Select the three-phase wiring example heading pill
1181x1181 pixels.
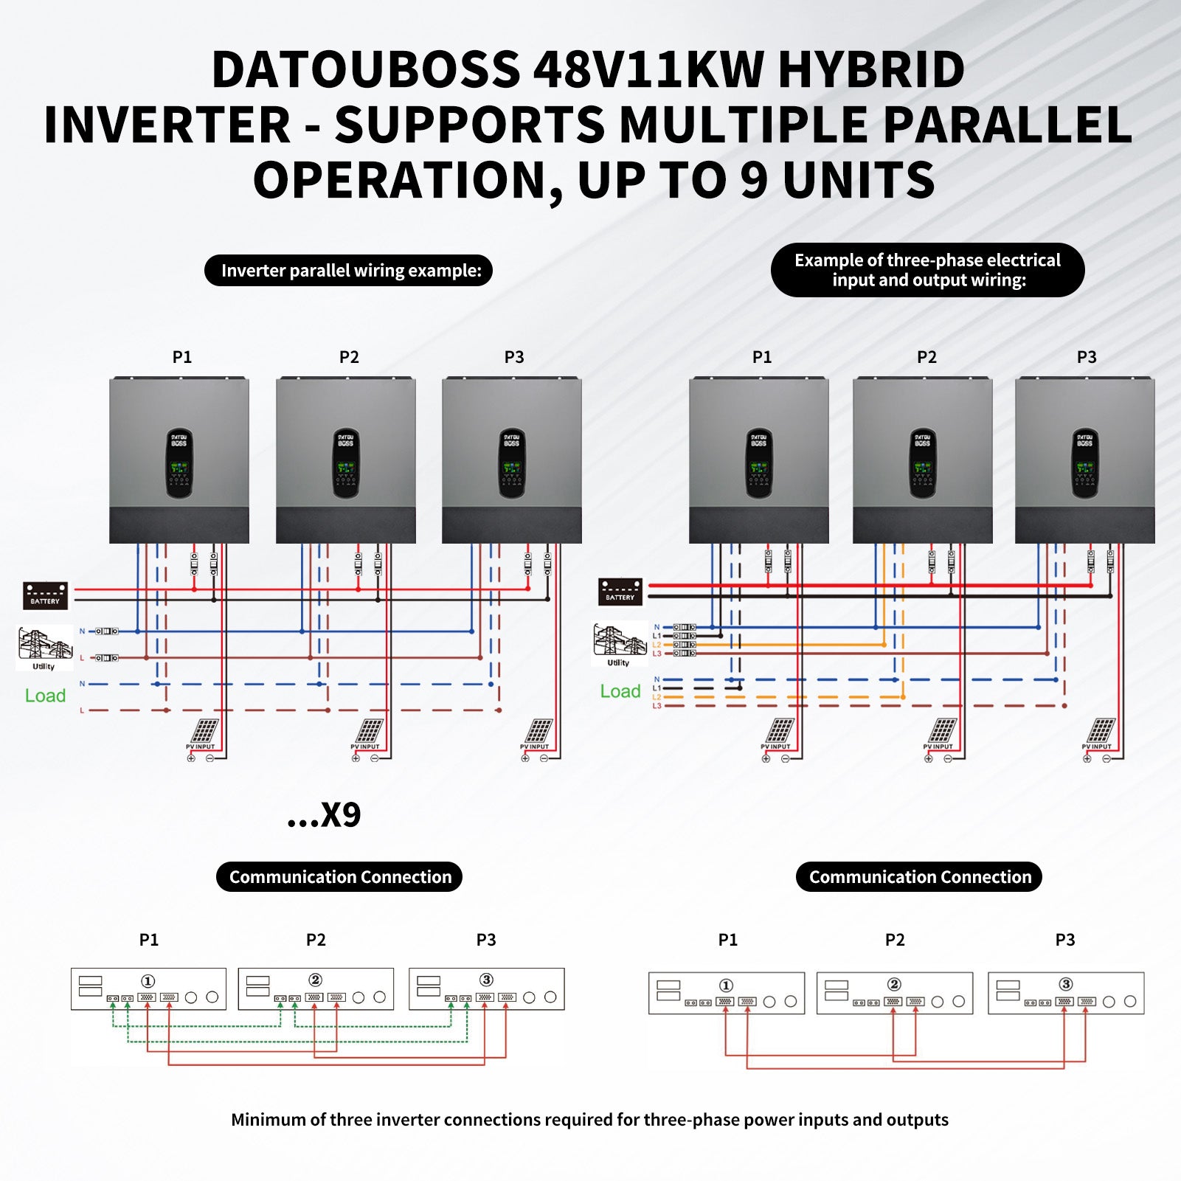pyautogui.click(x=927, y=270)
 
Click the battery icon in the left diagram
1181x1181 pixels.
pyautogui.click(x=46, y=595)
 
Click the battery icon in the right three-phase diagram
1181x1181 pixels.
pyautogui.click(x=620, y=592)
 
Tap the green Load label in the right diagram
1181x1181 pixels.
pyautogui.click(x=620, y=691)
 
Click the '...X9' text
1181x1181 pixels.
pyautogui.click(x=324, y=815)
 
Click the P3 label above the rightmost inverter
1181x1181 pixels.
pyautogui.click(x=1086, y=357)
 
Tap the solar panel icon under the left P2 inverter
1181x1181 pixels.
pyautogui.click(x=369, y=731)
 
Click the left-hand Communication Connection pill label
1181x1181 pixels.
pyautogui.click(x=339, y=877)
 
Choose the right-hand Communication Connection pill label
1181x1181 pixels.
pyautogui.click(x=919, y=877)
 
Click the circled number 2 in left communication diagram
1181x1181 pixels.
pyautogui.click(x=316, y=980)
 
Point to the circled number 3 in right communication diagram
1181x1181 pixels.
pyautogui.click(x=1065, y=984)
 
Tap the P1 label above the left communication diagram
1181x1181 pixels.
pyautogui.click(x=149, y=940)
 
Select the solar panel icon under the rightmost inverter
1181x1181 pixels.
pyautogui.click(x=1101, y=731)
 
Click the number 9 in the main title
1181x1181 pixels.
pyautogui.click(x=753, y=180)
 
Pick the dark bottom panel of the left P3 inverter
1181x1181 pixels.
pyautogui.click(x=511, y=525)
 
